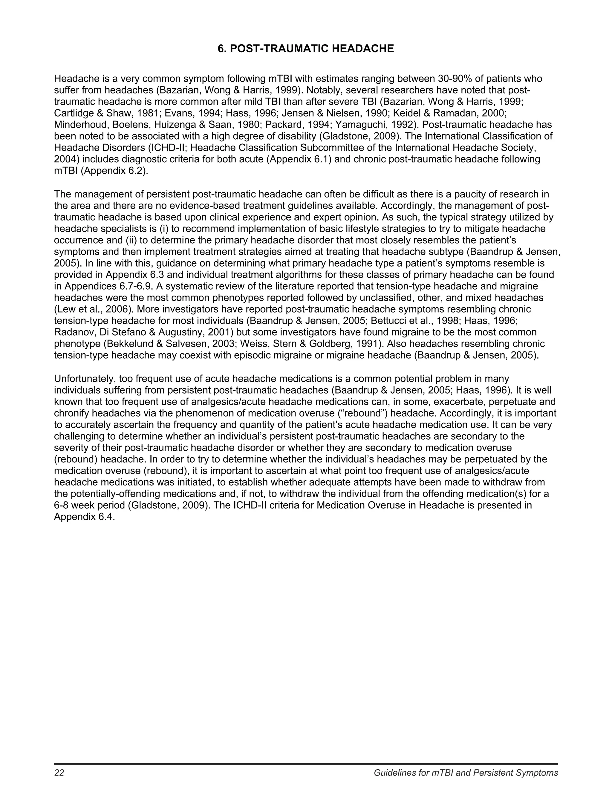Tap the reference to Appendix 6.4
point(84,517)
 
